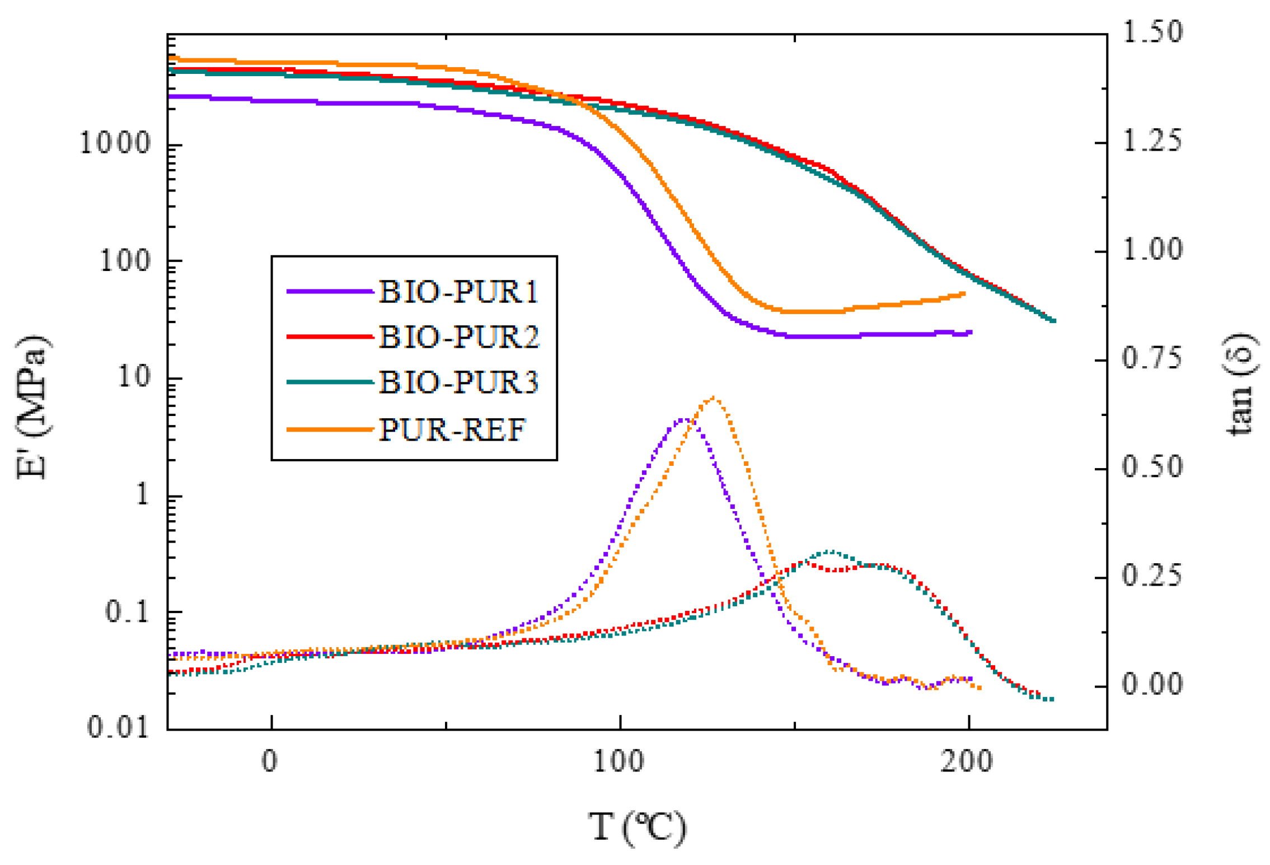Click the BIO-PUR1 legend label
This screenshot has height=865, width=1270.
coord(457,292)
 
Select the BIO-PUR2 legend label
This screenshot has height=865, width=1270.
coord(457,337)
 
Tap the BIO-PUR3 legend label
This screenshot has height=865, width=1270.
coord(457,382)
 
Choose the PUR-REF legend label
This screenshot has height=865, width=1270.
coord(451,430)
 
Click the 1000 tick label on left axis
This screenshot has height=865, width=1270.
coord(115,144)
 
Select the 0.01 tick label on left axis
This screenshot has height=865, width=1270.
coord(118,727)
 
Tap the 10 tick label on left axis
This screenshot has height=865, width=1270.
coord(134,377)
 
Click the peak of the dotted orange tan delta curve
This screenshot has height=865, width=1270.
coord(712,398)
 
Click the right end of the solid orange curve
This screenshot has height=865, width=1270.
coord(963,293)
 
